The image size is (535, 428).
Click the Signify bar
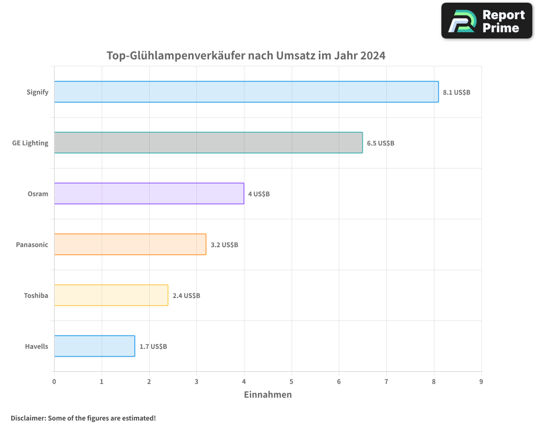246,92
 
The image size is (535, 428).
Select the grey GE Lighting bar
208,143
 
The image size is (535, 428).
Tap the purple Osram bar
149,194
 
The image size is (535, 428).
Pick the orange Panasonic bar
130,244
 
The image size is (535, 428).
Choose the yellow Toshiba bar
111,295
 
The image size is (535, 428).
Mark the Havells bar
94,346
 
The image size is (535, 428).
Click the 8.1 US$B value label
456,92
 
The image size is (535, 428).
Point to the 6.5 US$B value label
380,143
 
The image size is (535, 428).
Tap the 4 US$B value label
259,194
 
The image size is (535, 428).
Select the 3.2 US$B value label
224,244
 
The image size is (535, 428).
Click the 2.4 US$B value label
186,295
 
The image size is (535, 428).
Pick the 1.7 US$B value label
153,346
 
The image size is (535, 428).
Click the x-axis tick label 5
292,381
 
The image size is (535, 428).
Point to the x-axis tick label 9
481,381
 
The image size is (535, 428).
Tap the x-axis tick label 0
54,381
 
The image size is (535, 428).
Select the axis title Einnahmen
267,395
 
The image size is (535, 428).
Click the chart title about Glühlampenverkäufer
246,56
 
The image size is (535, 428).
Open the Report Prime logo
486,21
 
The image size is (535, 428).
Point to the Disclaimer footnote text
83,418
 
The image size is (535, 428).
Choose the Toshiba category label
36,295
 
